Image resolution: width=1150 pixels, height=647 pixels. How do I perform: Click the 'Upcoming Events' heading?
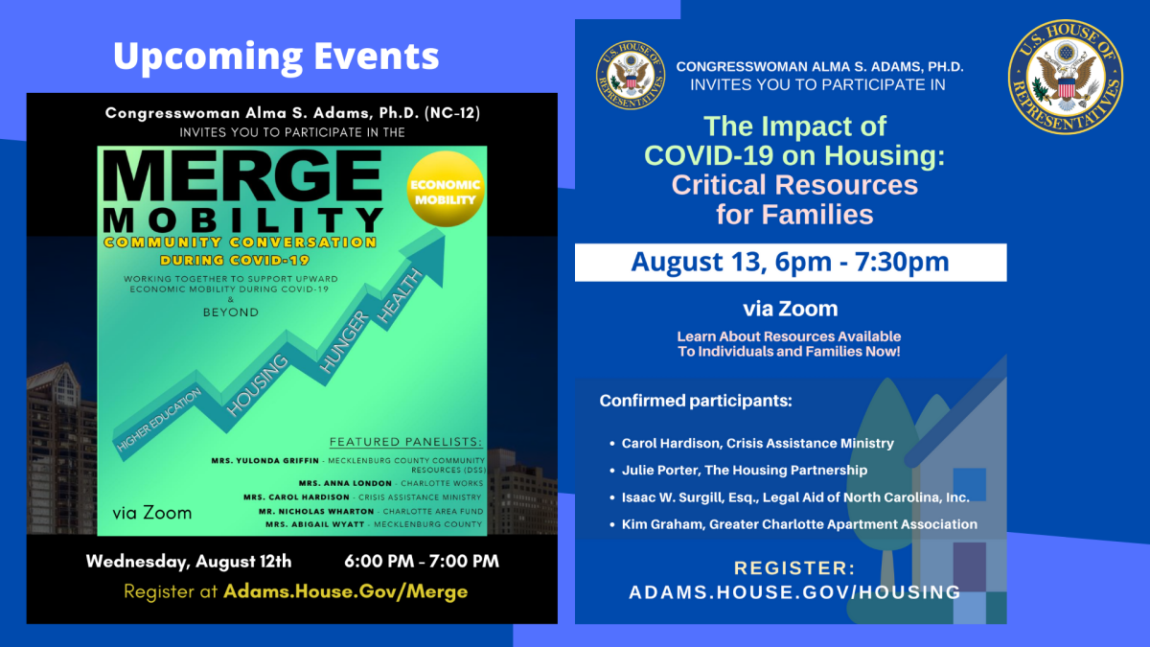pyautogui.click(x=276, y=56)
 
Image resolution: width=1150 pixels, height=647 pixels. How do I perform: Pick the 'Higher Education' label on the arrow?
pyautogui.click(x=159, y=418)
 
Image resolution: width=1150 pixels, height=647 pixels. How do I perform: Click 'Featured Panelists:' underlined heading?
pyautogui.click(x=406, y=442)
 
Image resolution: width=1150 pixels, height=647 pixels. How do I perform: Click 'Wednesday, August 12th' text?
pyautogui.click(x=189, y=562)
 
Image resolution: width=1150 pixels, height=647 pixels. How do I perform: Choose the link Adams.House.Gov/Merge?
pyautogui.click(x=345, y=590)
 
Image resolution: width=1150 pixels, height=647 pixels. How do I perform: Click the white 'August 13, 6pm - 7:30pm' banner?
pyautogui.click(x=790, y=262)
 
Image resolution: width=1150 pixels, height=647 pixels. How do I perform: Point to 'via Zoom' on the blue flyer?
pyautogui.click(x=790, y=309)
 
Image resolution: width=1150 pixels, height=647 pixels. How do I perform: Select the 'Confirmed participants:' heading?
pyautogui.click(x=696, y=401)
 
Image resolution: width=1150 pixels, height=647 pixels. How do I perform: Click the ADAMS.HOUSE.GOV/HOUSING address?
pyautogui.click(x=794, y=592)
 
